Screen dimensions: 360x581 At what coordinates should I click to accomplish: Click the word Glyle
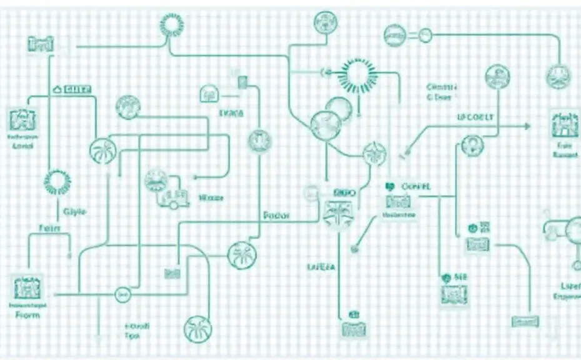pos(76,211)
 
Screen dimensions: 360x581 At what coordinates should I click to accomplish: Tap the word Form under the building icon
pos(27,315)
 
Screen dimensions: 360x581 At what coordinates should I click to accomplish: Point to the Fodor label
pos(276,216)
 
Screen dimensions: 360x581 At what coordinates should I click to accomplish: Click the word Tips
pos(132,336)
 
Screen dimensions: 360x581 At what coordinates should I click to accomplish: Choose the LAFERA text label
pos(321,267)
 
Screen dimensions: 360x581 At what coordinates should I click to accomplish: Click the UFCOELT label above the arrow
pos(475,117)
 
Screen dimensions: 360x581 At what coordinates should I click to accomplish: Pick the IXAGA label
pos(231,114)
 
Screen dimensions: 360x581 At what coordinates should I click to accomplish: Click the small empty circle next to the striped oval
pos(425,36)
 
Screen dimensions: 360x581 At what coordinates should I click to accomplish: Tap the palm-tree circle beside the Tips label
pos(198,329)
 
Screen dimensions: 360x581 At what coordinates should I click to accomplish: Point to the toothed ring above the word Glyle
pos(57,182)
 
